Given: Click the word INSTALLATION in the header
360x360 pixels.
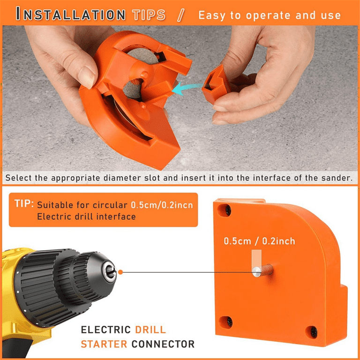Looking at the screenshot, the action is pyautogui.click(x=71, y=14).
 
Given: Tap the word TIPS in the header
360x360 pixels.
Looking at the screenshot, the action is pyautogui.click(x=149, y=15).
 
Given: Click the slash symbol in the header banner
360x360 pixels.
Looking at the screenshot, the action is pyautogui.click(x=181, y=15).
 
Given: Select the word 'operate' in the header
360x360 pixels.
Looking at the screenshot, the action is pyautogui.click(x=268, y=16).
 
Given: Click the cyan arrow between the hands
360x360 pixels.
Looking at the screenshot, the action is pyautogui.click(x=187, y=89).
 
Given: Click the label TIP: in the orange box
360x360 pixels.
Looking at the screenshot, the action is pyautogui.click(x=24, y=203).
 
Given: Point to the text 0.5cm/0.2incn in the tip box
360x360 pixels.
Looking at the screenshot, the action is pyautogui.click(x=162, y=205).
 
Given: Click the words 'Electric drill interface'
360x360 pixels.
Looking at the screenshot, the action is pyautogui.click(x=86, y=217).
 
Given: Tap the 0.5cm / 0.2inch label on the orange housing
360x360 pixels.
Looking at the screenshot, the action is pyautogui.click(x=259, y=241).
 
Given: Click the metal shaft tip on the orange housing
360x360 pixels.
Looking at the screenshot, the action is pyautogui.click(x=257, y=272).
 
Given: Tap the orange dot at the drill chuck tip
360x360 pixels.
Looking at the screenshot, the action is pyautogui.click(x=120, y=272).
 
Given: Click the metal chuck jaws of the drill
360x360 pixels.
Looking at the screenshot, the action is pyautogui.click(x=110, y=272).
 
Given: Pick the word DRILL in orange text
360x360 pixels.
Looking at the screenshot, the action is pyautogui.click(x=150, y=330).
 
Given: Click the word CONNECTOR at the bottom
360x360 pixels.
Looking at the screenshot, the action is pyautogui.click(x=163, y=344).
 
